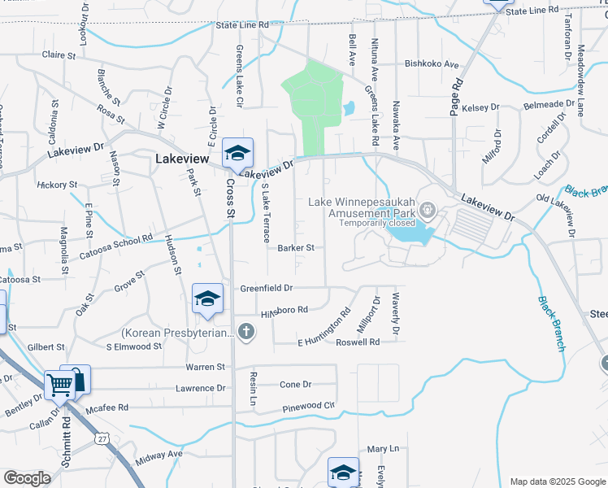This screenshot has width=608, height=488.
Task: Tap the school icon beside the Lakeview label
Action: [x=237, y=153]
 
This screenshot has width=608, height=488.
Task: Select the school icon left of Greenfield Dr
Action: [x=207, y=298]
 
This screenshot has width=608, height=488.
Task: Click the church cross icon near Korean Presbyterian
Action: [x=246, y=332]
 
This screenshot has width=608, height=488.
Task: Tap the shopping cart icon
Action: [x=59, y=385]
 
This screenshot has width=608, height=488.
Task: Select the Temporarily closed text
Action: [x=376, y=223]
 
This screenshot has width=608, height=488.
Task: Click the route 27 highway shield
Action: [x=102, y=438]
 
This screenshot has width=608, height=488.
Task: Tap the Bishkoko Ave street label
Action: [x=432, y=63]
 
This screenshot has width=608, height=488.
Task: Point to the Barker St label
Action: [x=295, y=248]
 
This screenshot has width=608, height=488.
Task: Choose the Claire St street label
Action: [x=58, y=56]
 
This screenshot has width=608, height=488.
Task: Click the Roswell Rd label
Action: [x=358, y=342]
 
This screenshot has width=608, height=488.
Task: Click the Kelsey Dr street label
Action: [x=479, y=107]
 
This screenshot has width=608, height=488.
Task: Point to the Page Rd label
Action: [x=456, y=97]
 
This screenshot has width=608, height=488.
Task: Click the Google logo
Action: [x=26, y=478]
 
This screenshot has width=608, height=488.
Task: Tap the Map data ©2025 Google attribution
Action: [x=556, y=481]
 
